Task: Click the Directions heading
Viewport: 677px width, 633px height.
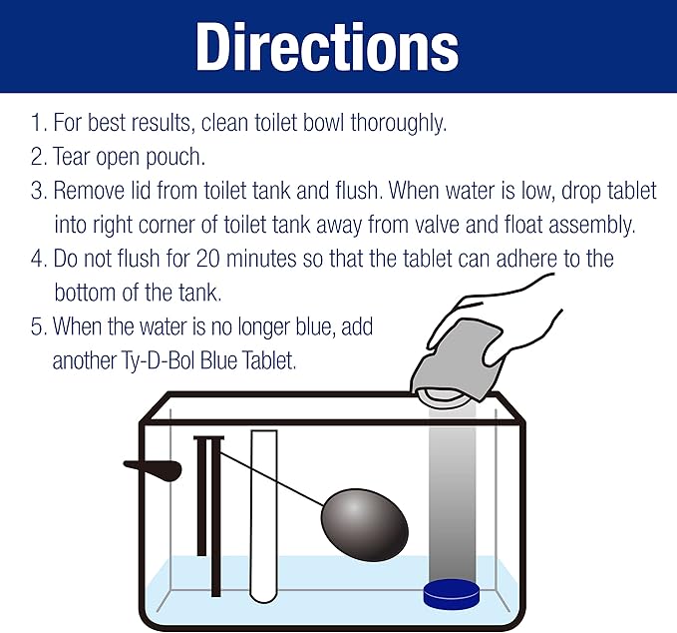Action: coord(327,46)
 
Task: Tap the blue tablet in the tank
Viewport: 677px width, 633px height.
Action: coord(452,593)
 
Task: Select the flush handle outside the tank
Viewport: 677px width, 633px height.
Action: coord(153,469)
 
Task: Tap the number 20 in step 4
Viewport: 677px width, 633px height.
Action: coord(208,259)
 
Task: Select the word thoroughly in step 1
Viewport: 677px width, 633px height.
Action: coord(398,123)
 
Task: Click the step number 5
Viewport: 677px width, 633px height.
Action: coord(38,326)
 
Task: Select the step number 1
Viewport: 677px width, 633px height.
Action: coord(38,123)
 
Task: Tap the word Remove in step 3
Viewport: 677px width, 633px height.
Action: coord(89,191)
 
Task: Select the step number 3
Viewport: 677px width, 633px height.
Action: coord(38,191)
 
